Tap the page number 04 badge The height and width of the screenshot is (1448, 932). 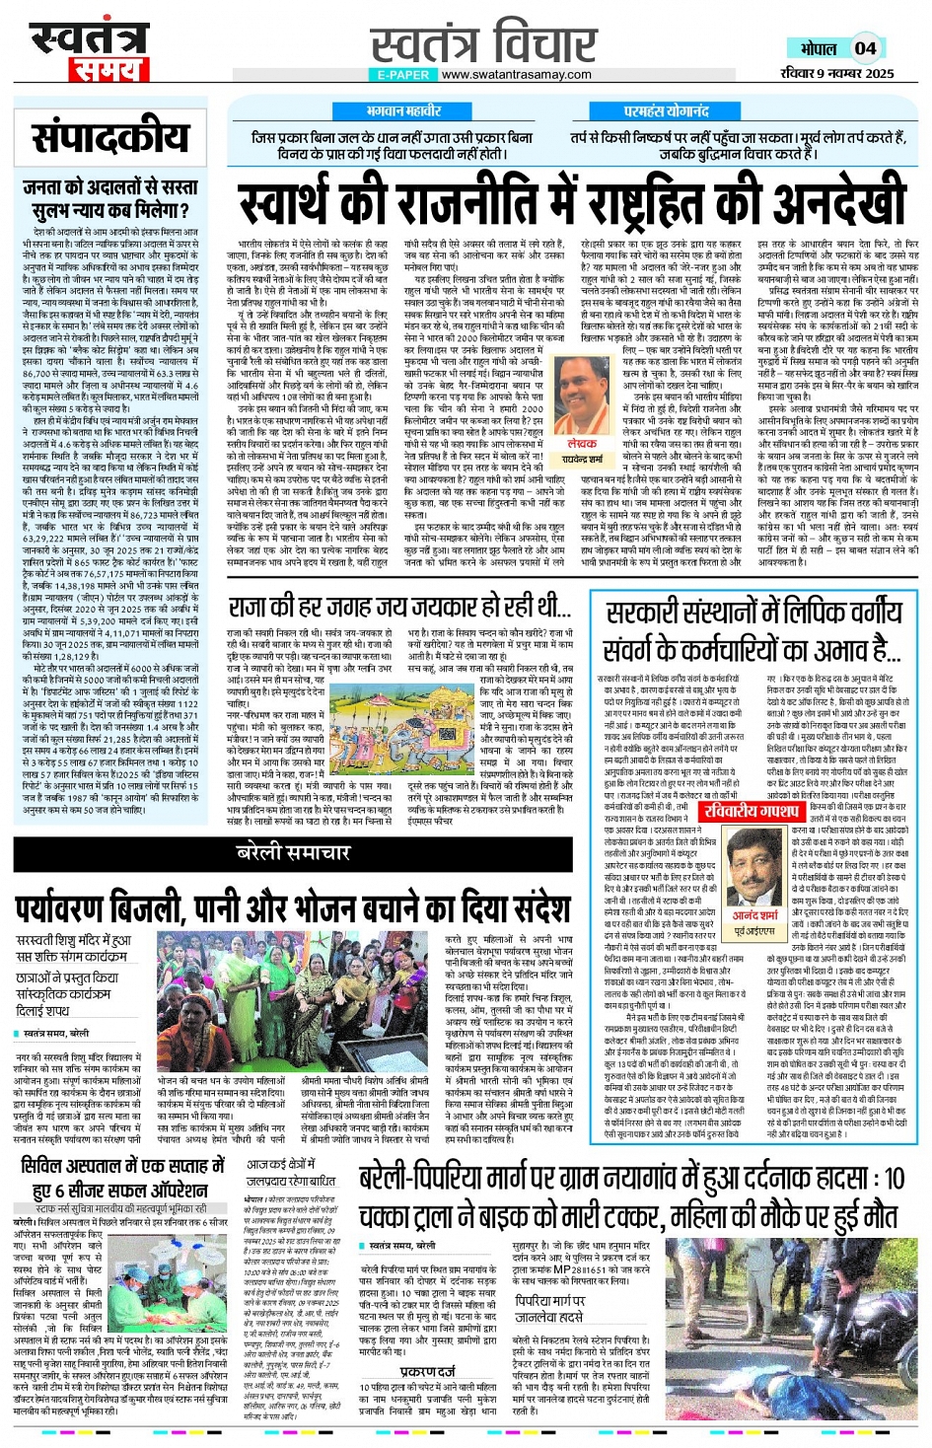tap(865, 48)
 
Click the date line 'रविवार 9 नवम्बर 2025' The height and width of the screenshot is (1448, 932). tap(836, 73)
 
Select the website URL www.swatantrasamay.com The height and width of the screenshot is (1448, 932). tap(516, 74)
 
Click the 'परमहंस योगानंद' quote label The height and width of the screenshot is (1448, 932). tap(666, 111)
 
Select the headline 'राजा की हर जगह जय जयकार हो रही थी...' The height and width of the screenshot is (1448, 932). tap(399, 606)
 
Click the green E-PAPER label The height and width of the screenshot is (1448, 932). tap(402, 74)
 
